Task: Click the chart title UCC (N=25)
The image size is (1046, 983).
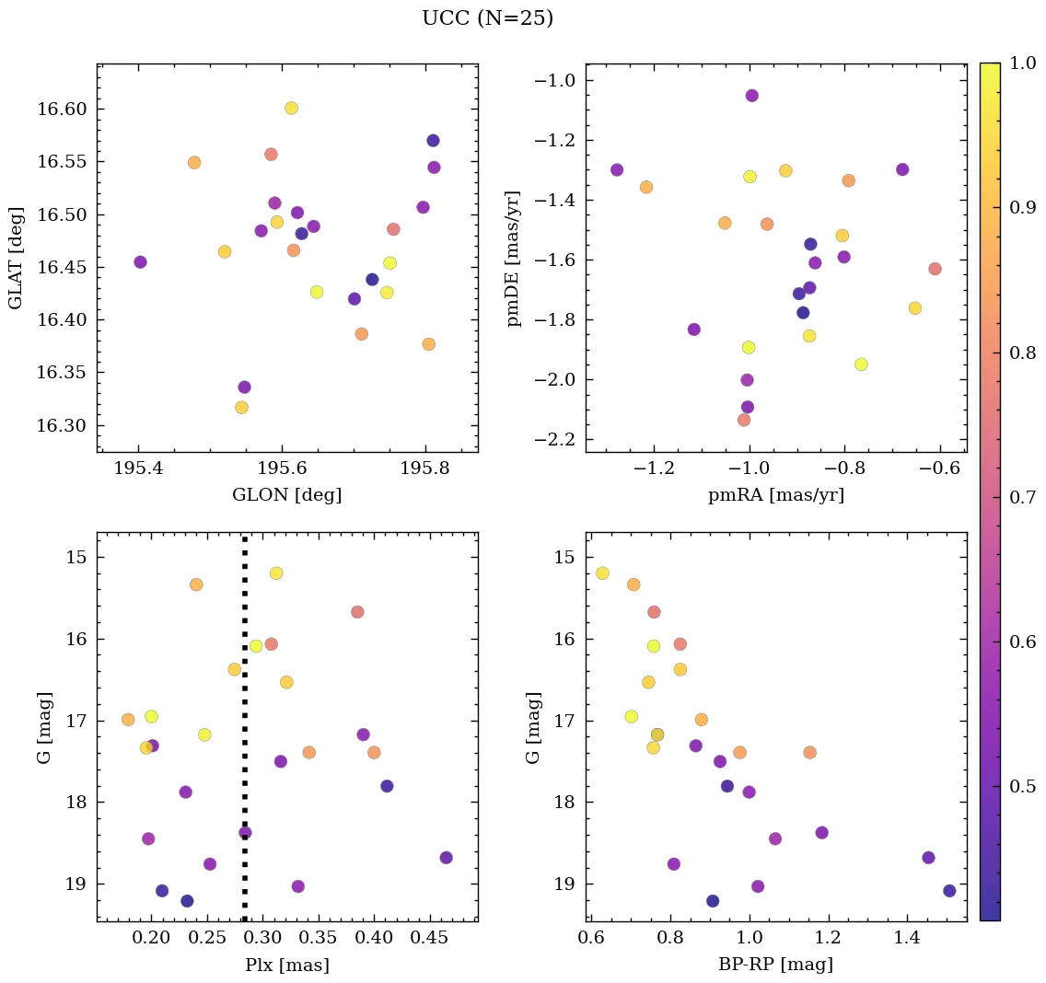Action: coord(487,18)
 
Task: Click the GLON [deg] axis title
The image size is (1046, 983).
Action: coord(286,495)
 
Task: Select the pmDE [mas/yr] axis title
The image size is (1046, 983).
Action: coord(514,259)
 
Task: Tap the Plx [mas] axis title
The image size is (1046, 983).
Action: coord(286,965)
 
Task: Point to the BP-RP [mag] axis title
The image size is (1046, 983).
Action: coord(775,965)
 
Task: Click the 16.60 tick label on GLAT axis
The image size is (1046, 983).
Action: coord(60,110)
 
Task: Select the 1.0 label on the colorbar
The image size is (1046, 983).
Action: coord(1023,64)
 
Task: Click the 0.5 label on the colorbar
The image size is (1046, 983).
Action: coord(1023,786)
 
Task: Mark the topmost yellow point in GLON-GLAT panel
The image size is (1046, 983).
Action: coord(291,108)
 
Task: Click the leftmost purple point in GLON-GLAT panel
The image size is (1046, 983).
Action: coord(140,261)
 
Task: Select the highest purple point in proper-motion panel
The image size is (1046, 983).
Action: coord(751,96)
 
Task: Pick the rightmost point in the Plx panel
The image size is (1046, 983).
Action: coord(446,857)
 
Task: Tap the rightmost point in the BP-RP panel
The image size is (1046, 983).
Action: coord(949,890)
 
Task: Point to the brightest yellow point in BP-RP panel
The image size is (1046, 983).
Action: coord(602,572)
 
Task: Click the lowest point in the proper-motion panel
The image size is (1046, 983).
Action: coord(744,420)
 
